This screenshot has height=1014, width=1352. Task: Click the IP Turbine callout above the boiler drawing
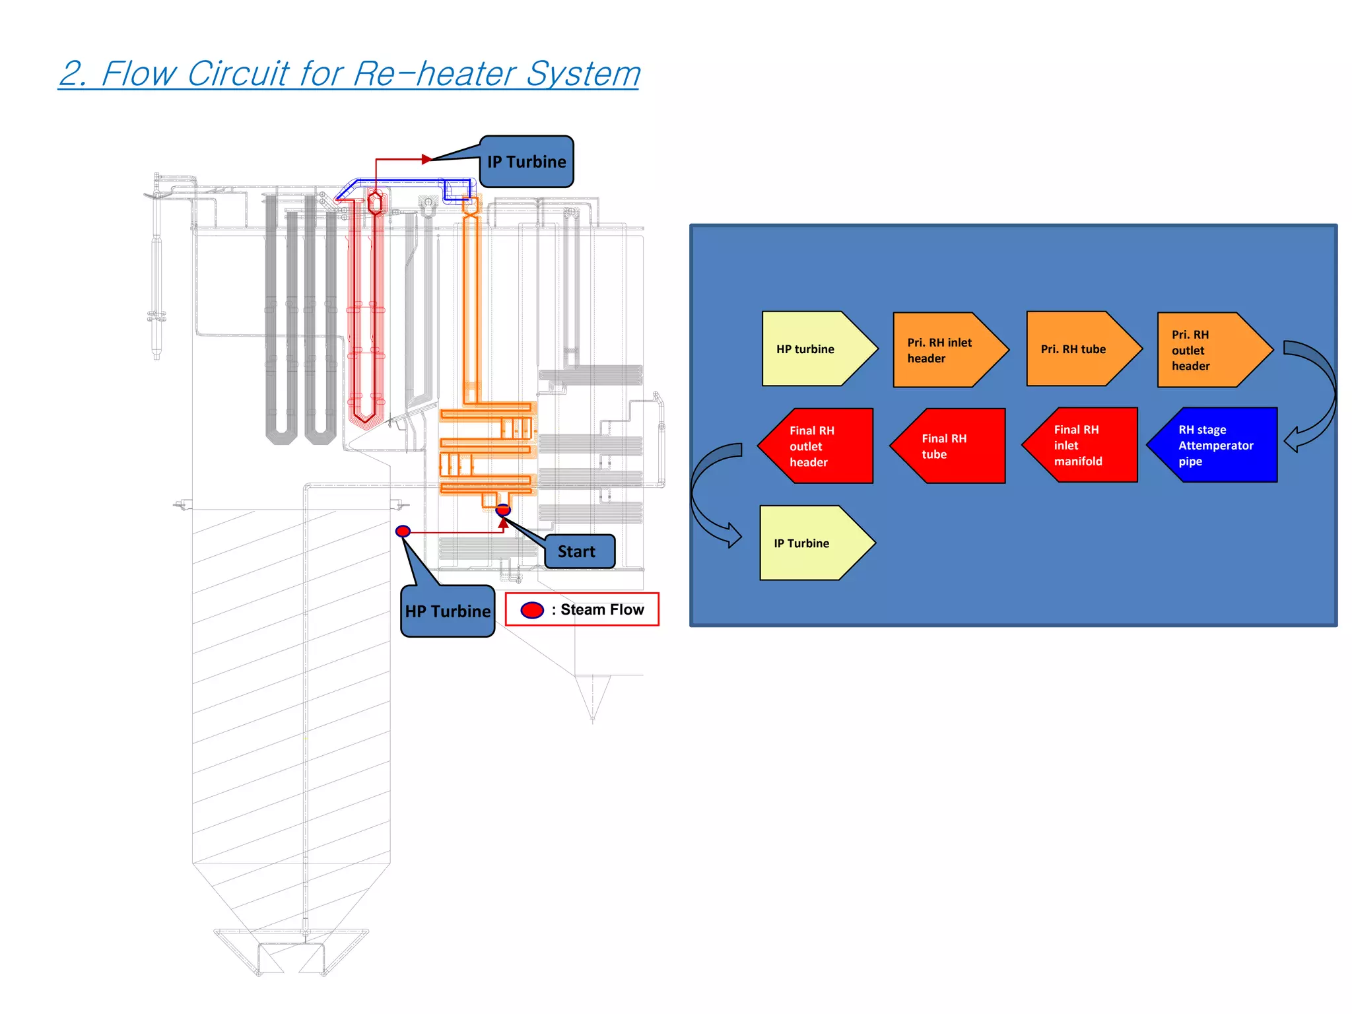coord(526,162)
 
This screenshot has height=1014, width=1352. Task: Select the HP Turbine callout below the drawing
coord(448,611)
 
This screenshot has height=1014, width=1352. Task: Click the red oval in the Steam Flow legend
coord(532,610)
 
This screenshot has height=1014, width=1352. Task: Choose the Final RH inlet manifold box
coord(1083,445)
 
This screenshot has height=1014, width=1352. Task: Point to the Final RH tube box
coord(951,446)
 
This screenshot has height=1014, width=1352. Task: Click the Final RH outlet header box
coord(819,446)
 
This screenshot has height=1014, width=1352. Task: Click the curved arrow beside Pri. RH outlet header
coord(1314,396)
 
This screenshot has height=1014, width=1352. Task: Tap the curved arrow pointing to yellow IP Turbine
coord(713,495)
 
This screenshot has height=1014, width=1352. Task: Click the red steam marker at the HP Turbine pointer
coord(403,531)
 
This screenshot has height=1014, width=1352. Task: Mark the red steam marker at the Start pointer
coord(503,510)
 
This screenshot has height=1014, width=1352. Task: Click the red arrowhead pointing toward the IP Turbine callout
coord(426,159)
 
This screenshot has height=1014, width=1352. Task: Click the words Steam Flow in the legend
coord(602,609)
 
